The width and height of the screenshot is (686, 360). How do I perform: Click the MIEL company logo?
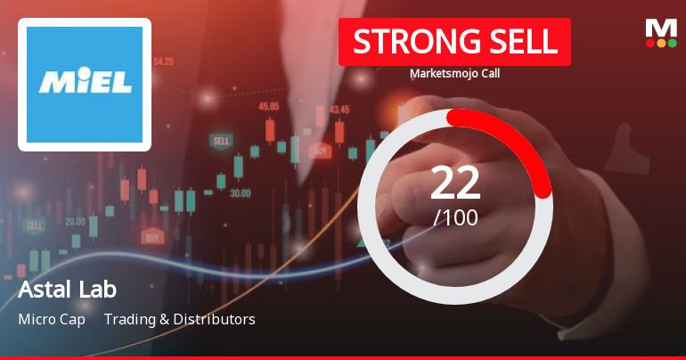(85, 84)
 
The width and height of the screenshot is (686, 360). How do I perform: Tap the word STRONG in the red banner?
(410, 41)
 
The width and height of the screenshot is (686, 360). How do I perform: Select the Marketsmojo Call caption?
(454, 74)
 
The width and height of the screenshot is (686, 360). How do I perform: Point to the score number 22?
(455, 183)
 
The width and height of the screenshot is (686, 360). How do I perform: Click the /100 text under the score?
(455, 217)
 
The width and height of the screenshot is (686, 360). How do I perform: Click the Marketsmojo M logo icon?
(661, 27)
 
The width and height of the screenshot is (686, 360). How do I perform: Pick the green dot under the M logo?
(672, 42)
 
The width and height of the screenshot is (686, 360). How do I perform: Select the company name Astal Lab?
(67, 290)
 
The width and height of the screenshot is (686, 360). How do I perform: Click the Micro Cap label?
(52, 319)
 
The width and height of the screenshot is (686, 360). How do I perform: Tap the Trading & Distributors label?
(179, 319)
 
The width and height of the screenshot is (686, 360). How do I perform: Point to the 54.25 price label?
(163, 61)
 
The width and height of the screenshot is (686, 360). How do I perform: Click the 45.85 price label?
(268, 106)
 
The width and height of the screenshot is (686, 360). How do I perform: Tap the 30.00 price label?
(240, 192)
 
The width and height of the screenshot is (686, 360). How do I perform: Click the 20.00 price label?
(75, 221)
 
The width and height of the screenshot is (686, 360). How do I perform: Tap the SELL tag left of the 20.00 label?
(35, 225)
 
